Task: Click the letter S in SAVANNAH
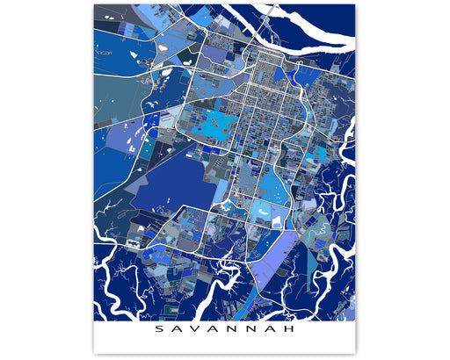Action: tap(158, 331)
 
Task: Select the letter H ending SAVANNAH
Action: tap(292, 331)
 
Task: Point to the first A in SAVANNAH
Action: tap(175, 331)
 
